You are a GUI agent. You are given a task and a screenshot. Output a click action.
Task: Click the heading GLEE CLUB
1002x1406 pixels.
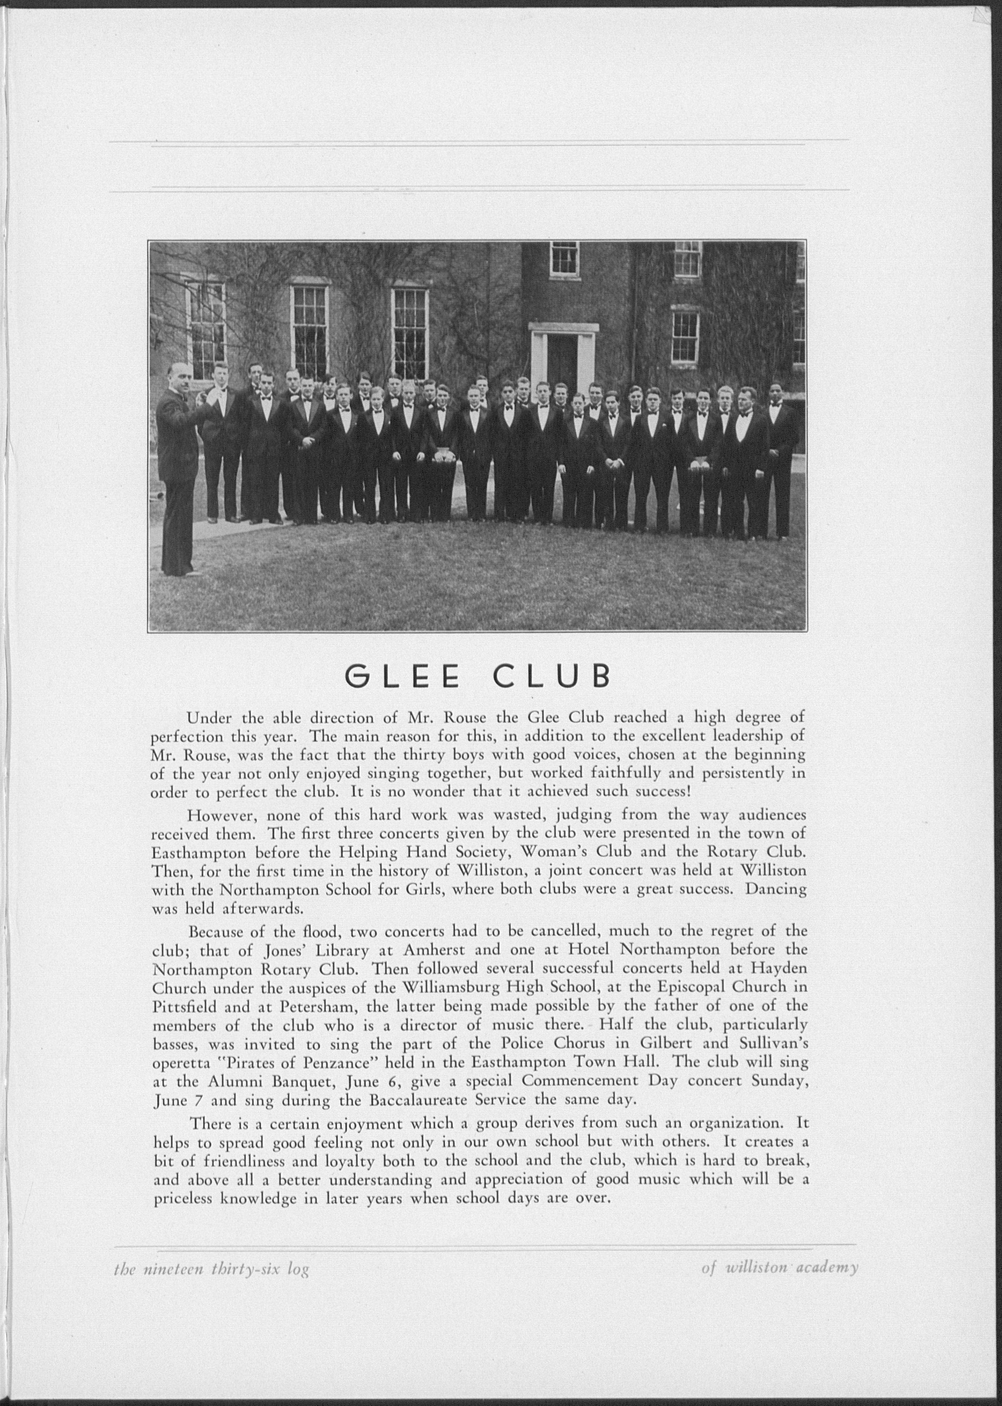477,676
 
